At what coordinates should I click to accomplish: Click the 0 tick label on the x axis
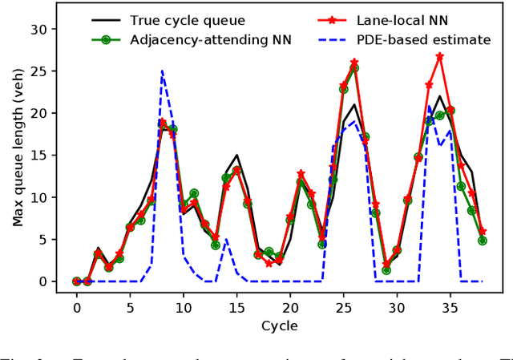click(77, 307)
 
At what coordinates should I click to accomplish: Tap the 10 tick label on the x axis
click(183, 307)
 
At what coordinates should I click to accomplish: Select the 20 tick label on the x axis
click(289, 307)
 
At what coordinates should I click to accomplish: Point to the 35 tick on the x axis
click(450, 307)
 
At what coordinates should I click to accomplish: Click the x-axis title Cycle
click(279, 326)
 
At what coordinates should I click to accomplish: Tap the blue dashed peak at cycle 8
click(162, 71)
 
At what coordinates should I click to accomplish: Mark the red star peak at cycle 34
click(439, 57)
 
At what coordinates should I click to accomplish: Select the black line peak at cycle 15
click(236, 156)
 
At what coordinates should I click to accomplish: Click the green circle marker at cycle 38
click(482, 241)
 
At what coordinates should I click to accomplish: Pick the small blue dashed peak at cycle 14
click(226, 239)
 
